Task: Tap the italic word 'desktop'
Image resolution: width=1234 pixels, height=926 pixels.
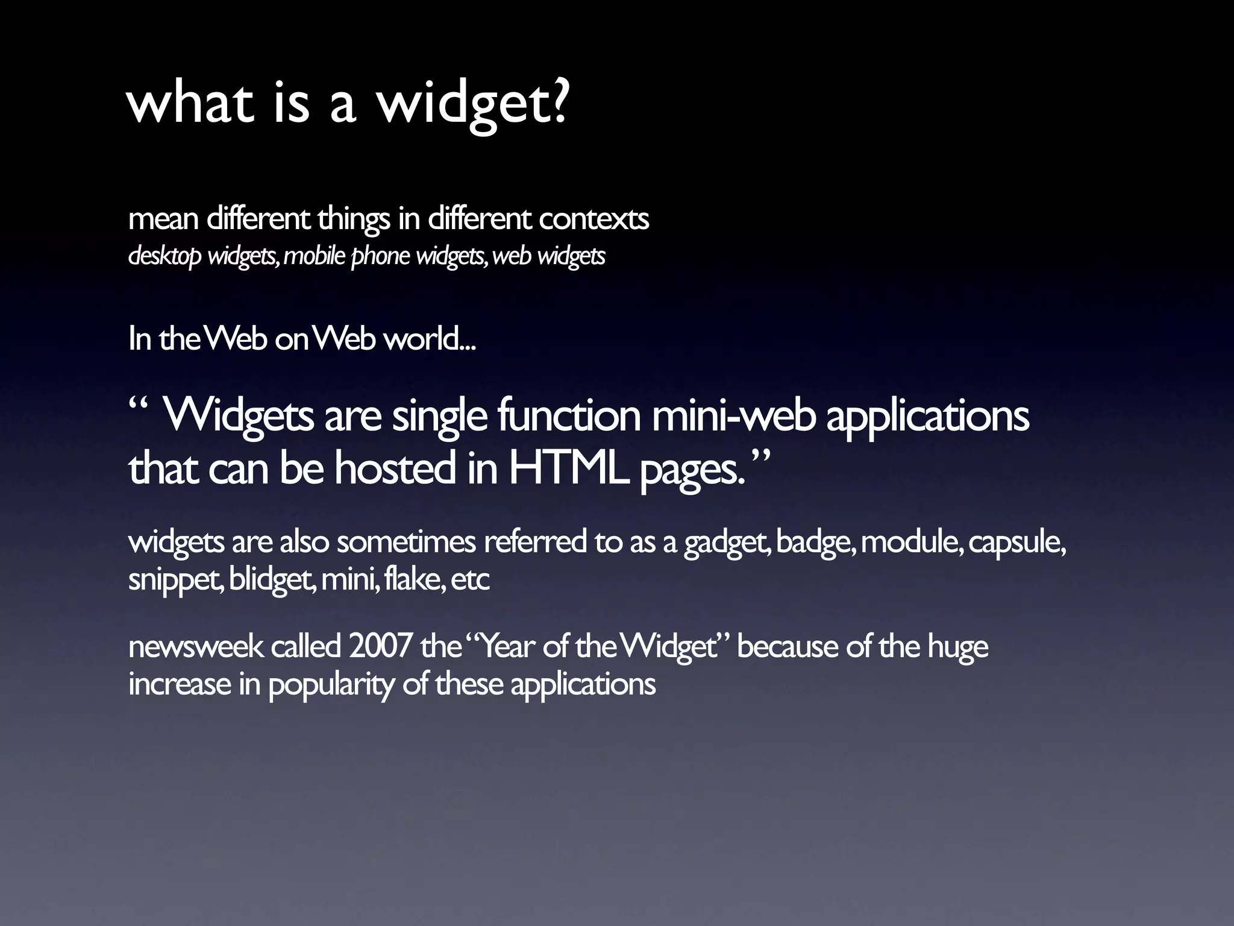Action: point(164,257)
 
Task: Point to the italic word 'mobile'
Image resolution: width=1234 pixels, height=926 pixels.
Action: point(314,256)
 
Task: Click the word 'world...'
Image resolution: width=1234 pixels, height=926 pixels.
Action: point(430,339)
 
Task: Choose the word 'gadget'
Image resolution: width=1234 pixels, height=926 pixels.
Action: point(727,543)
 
